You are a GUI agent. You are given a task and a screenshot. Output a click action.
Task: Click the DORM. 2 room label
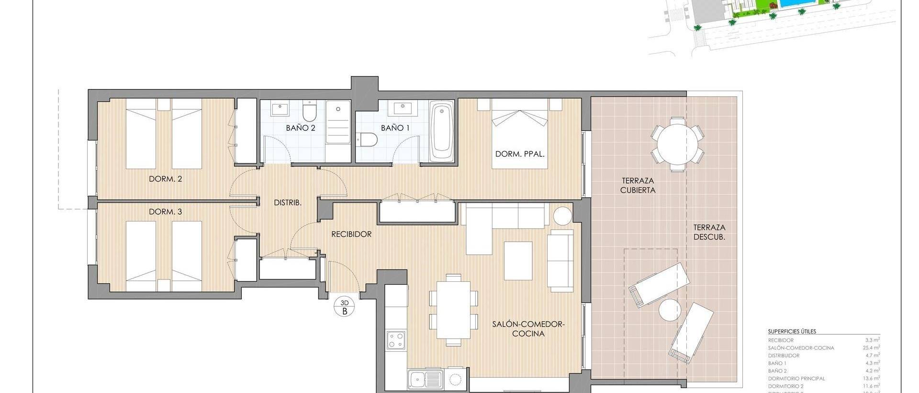(166, 179)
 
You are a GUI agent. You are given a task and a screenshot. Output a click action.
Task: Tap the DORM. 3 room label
(166, 211)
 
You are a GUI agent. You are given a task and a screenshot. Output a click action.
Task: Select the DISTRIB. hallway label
(288, 203)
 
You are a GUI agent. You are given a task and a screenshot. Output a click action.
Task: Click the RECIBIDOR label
(352, 234)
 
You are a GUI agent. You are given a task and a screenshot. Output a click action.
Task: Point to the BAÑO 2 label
(301, 128)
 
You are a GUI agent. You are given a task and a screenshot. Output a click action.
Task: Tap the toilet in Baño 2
(310, 113)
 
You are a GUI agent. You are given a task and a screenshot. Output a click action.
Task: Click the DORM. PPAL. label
(520, 154)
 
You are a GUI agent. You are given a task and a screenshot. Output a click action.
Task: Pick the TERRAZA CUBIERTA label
(638, 185)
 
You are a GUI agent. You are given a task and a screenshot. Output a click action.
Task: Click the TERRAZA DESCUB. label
(708, 232)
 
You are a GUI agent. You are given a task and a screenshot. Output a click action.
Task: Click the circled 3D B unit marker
(345, 306)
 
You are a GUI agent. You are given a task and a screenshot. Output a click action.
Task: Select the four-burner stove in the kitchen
(396, 340)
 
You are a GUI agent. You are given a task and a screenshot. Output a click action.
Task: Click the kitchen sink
(425, 380)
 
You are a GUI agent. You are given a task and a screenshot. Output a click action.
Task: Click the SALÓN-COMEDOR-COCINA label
(528, 329)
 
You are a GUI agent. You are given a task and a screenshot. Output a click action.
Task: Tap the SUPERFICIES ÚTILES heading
(792, 331)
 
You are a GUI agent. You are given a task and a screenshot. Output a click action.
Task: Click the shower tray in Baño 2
(337, 122)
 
